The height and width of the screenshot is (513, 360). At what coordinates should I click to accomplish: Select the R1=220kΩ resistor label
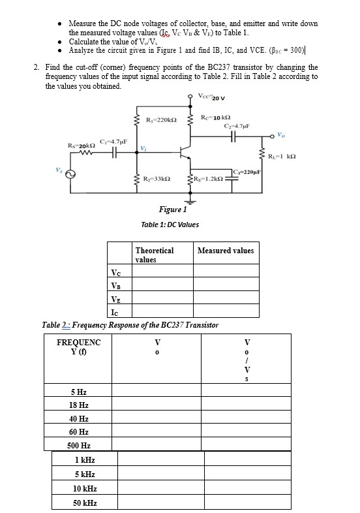click(160, 120)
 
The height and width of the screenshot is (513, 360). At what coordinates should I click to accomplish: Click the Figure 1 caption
click(173, 210)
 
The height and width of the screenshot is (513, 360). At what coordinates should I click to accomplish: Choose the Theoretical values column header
click(155, 255)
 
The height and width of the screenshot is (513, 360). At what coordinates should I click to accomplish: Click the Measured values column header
click(225, 251)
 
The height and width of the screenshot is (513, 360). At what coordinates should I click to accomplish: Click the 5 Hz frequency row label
click(78, 392)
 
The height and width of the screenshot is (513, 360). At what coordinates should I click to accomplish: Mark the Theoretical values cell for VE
click(162, 300)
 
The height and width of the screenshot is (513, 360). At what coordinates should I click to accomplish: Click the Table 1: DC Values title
click(170, 225)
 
